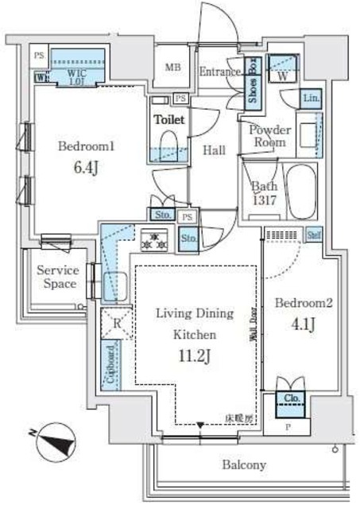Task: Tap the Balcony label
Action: pyautogui.click(x=244, y=465)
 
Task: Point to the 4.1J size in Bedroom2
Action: pyautogui.click(x=301, y=324)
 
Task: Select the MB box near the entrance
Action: pyautogui.click(x=172, y=67)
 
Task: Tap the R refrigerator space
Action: pyautogui.click(x=116, y=323)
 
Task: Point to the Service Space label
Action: pyautogui.click(x=59, y=277)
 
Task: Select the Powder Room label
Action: pyautogui.click(x=269, y=135)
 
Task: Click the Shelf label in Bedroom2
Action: pyautogui.click(x=314, y=234)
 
